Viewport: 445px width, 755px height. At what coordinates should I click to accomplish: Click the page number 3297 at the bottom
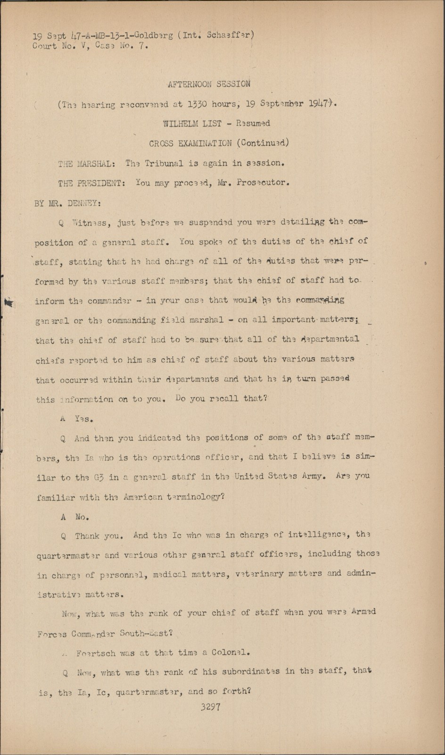click(x=210, y=707)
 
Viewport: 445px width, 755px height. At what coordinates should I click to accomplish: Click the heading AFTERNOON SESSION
click(x=209, y=84)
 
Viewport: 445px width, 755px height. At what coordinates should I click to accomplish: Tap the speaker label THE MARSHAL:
click(x=85, y=164)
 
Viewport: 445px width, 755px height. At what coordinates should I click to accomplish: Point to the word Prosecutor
click(x=262, y=183)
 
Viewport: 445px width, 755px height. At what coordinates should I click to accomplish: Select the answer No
click(x=82, y=517)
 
